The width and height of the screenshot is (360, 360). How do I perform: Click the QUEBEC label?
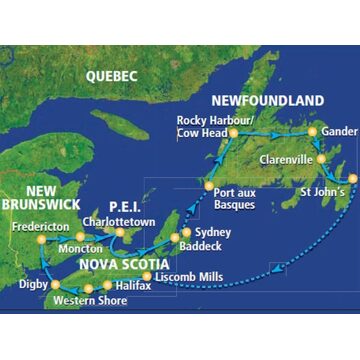pyautogui.click(x=111, y=76)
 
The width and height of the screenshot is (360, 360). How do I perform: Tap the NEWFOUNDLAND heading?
pyautogui.click(x=267, y=100)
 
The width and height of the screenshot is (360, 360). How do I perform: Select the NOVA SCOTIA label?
pyautogui.click(x=124, y=264)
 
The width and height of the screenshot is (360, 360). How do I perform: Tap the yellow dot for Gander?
pyautogui.click(x=312, y=131)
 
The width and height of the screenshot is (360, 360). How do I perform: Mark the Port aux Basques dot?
pyautogui.click(x=208, y=187)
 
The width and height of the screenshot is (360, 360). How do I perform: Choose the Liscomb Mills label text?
pyautogui.click(x=189, y=275)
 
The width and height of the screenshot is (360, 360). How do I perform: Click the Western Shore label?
pyautogui.click(x=90, y=300)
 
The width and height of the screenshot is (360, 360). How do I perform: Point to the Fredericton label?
pyautogui.click(x=41, y=226)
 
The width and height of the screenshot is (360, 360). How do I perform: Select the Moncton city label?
pyautogui.click(x=80, y=248)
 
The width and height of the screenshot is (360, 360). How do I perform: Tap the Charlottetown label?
pyautogui.click(x=119, y=221)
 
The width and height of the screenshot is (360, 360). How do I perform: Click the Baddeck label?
pyautogui.click(x=200, y=246)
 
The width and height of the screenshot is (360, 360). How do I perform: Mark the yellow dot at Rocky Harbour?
pyautogui.click(x=232, y=131)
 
